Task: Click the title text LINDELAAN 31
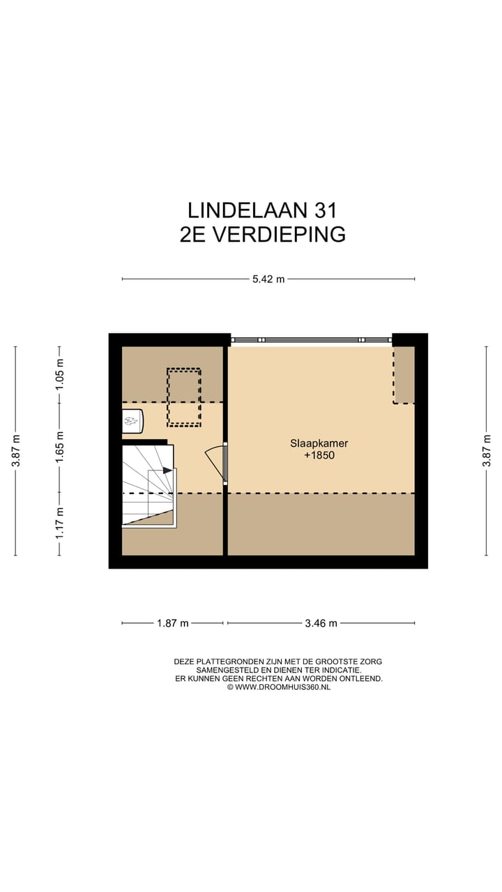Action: tap(262, 210)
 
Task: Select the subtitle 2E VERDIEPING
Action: tap(262, 235)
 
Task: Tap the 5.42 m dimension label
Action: tap(268, 279)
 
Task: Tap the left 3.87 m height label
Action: tap(15, 451)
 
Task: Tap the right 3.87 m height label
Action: tap(487, 451)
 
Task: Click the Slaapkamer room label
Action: tap(319, 443)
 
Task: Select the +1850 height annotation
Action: tap(319, 455)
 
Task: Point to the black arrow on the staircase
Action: tap(167, 470)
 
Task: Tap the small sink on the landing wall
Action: tap(132, 420)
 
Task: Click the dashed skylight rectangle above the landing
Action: tap(183, 397)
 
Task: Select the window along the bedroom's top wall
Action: tap(311, 339)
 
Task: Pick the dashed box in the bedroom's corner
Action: tap(404, 376)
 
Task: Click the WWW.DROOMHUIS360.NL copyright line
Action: tap(279, 687)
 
